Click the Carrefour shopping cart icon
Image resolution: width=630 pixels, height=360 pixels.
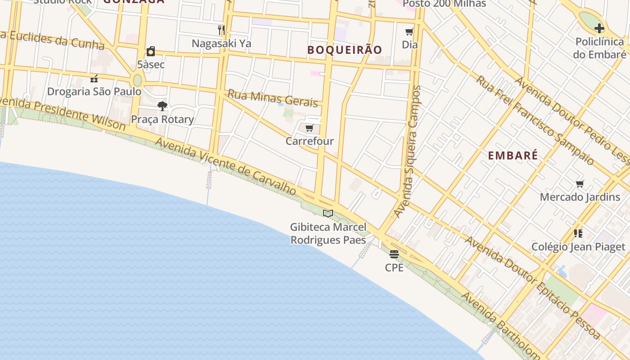coord(309,128)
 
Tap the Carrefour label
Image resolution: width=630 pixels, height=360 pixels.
coord(310,141)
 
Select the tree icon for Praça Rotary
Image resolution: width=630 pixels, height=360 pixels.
coord(162,106)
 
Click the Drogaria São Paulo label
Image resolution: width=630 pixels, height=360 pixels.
coord(94,91)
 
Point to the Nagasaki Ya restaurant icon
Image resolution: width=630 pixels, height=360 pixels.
coord(221,30)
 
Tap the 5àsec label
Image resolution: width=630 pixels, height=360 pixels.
coord(151,64)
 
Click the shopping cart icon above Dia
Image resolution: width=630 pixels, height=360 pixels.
coord(409,31)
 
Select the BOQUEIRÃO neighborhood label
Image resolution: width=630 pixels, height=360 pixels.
coord(345,50)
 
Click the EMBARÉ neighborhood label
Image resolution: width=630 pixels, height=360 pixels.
coord(513,156)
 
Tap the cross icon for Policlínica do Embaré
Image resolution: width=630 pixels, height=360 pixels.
coord(599,29)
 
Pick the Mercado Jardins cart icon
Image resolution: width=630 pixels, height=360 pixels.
coord(580,184)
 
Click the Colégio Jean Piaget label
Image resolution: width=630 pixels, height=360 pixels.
coord(578,247)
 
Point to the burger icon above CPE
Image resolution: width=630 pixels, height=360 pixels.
coord(394,254)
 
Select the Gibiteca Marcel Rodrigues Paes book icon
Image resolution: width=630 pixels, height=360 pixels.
coord(328,213)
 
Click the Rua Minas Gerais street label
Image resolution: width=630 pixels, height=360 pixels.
coord(273,98)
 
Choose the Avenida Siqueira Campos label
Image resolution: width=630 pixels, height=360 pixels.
coord(407,151)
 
